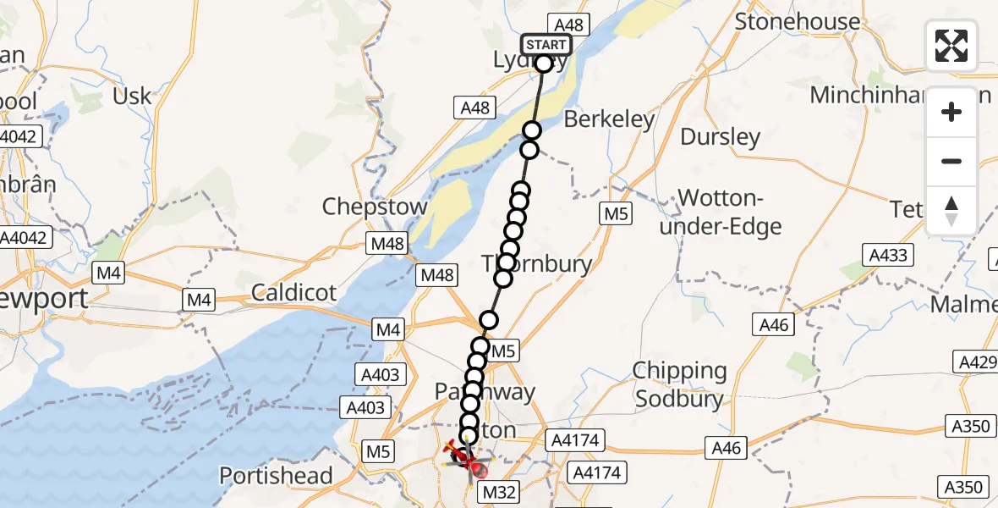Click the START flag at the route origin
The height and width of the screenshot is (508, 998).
point(546,45)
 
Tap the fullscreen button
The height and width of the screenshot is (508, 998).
point(951,46)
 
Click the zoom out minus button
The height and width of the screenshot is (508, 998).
point(951,161)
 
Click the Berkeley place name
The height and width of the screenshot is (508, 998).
point(609,119)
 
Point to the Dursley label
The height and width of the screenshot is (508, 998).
point(720,136)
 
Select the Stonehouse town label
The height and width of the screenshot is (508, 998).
point(797,21)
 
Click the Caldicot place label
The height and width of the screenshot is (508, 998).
point(293,293)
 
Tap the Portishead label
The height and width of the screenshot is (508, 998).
point(277,476)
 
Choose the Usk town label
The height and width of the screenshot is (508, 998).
point(133,96)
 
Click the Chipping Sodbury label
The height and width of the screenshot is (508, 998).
point(680,384)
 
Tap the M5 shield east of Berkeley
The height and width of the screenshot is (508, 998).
point(616,215)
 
